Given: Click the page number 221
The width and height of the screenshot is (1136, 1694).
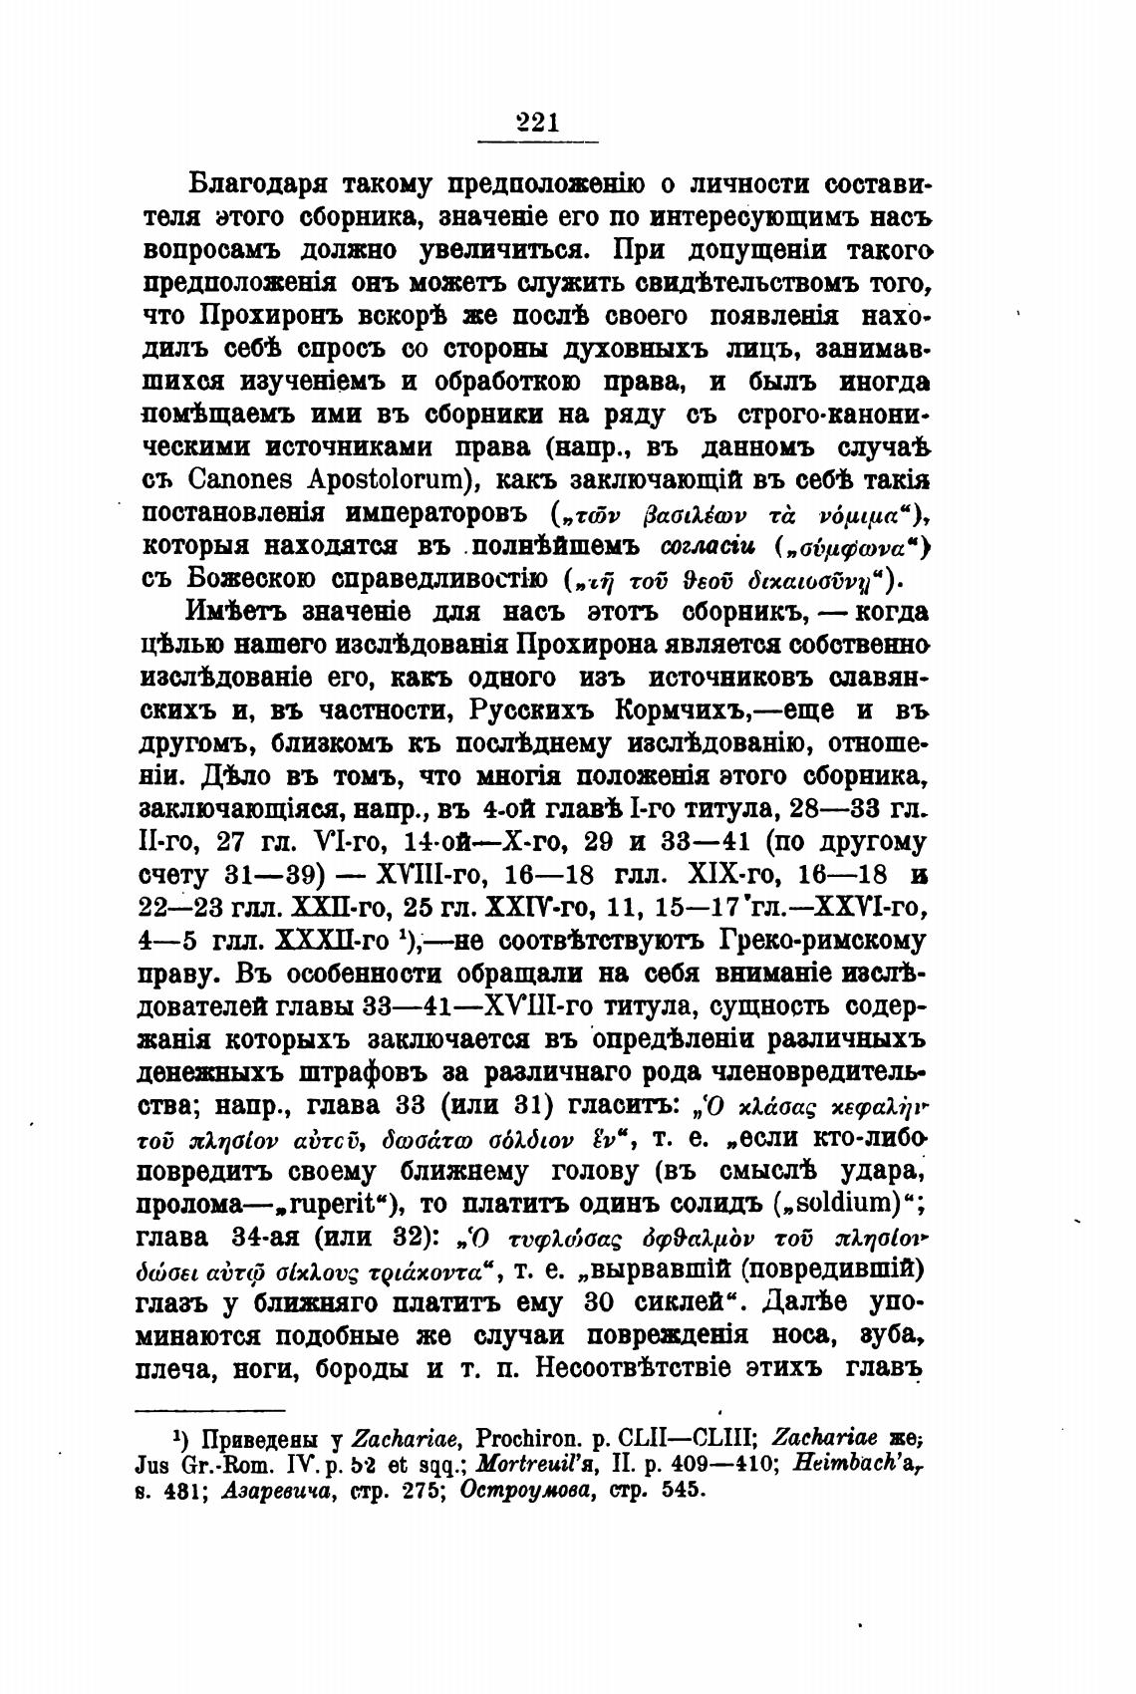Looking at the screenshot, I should (x=538, y=123).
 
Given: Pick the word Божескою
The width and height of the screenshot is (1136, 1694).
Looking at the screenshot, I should (x=249, y=579).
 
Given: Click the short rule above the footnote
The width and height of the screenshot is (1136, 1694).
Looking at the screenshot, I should (x=210, y=1410).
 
